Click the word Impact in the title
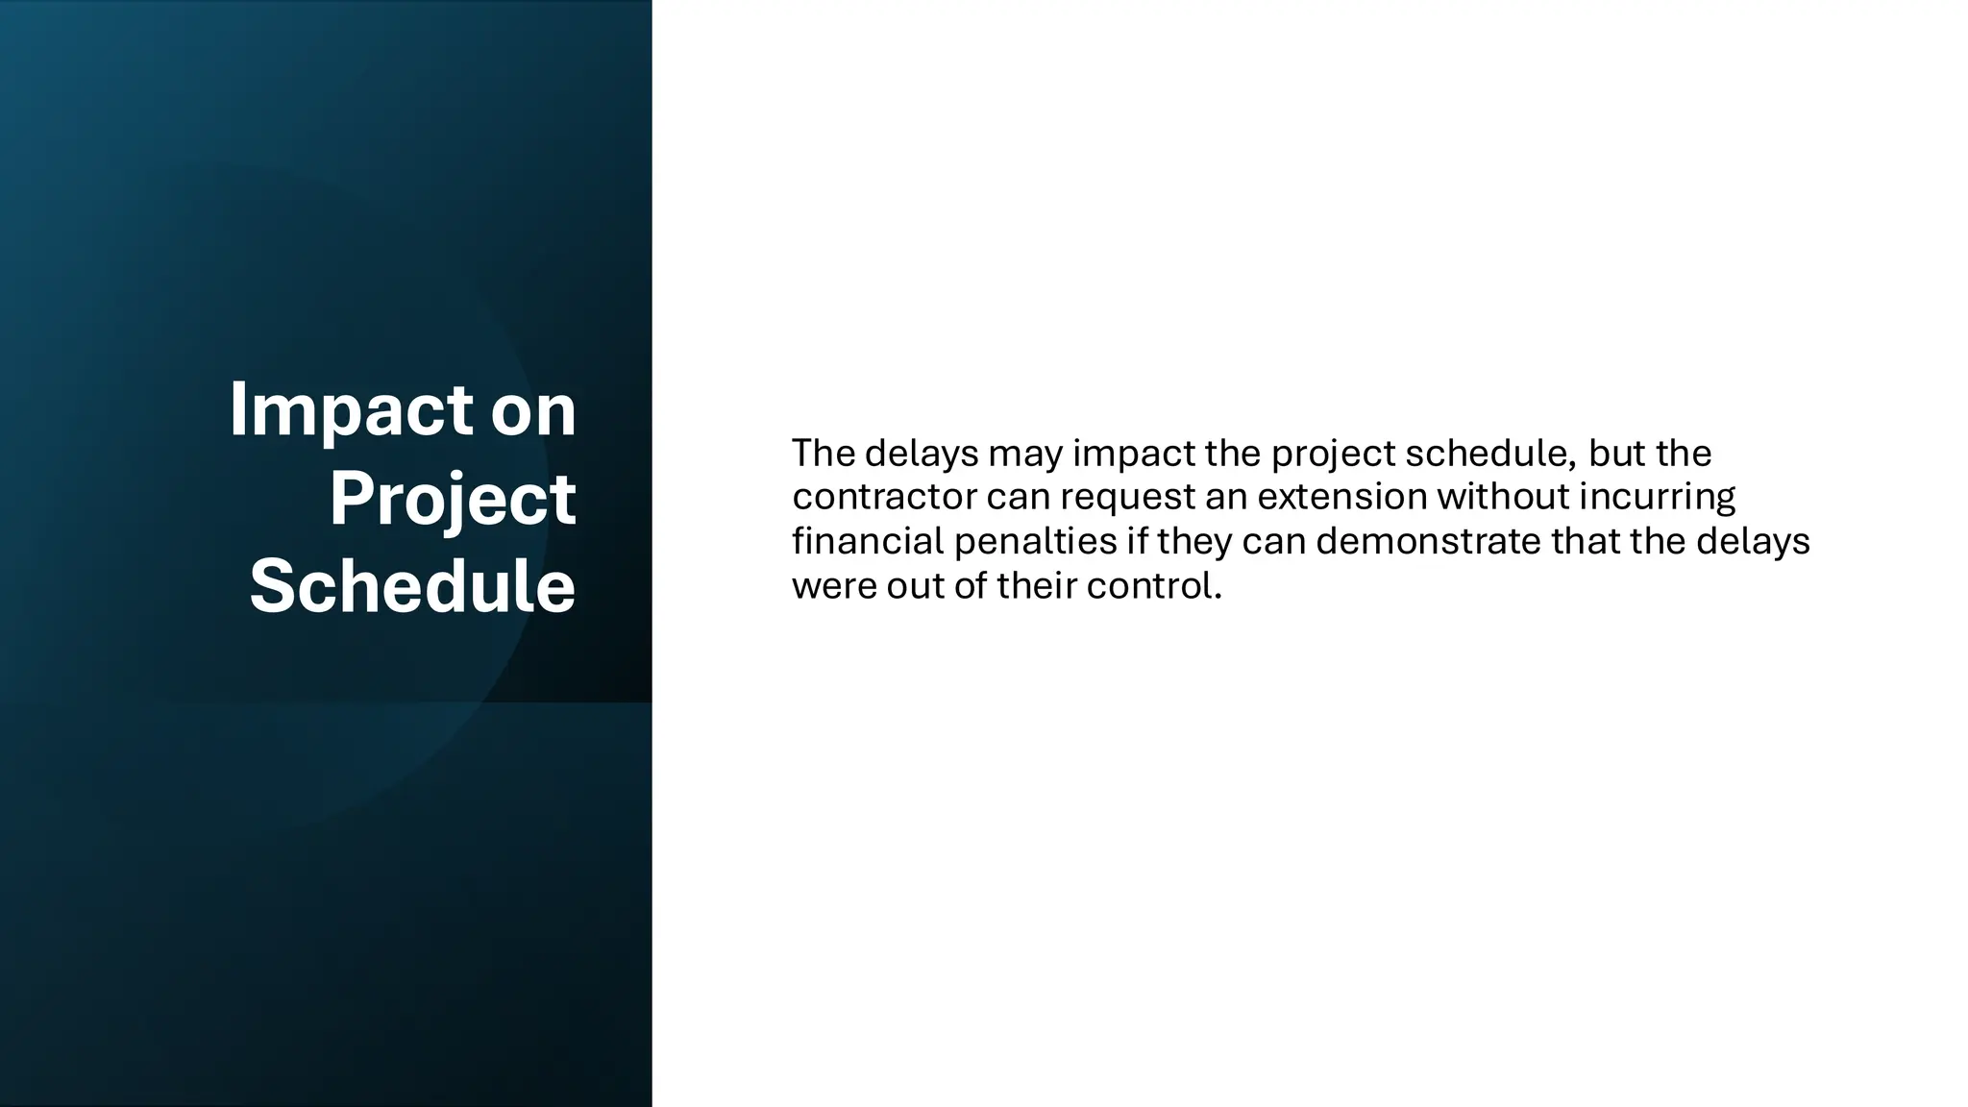tap(352, 411)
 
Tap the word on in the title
tap(533, 411)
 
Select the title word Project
tap(453, 500)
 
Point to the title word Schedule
tap(412, 587)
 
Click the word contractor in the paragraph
tap(884, 497)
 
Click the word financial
tap(869, 541)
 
